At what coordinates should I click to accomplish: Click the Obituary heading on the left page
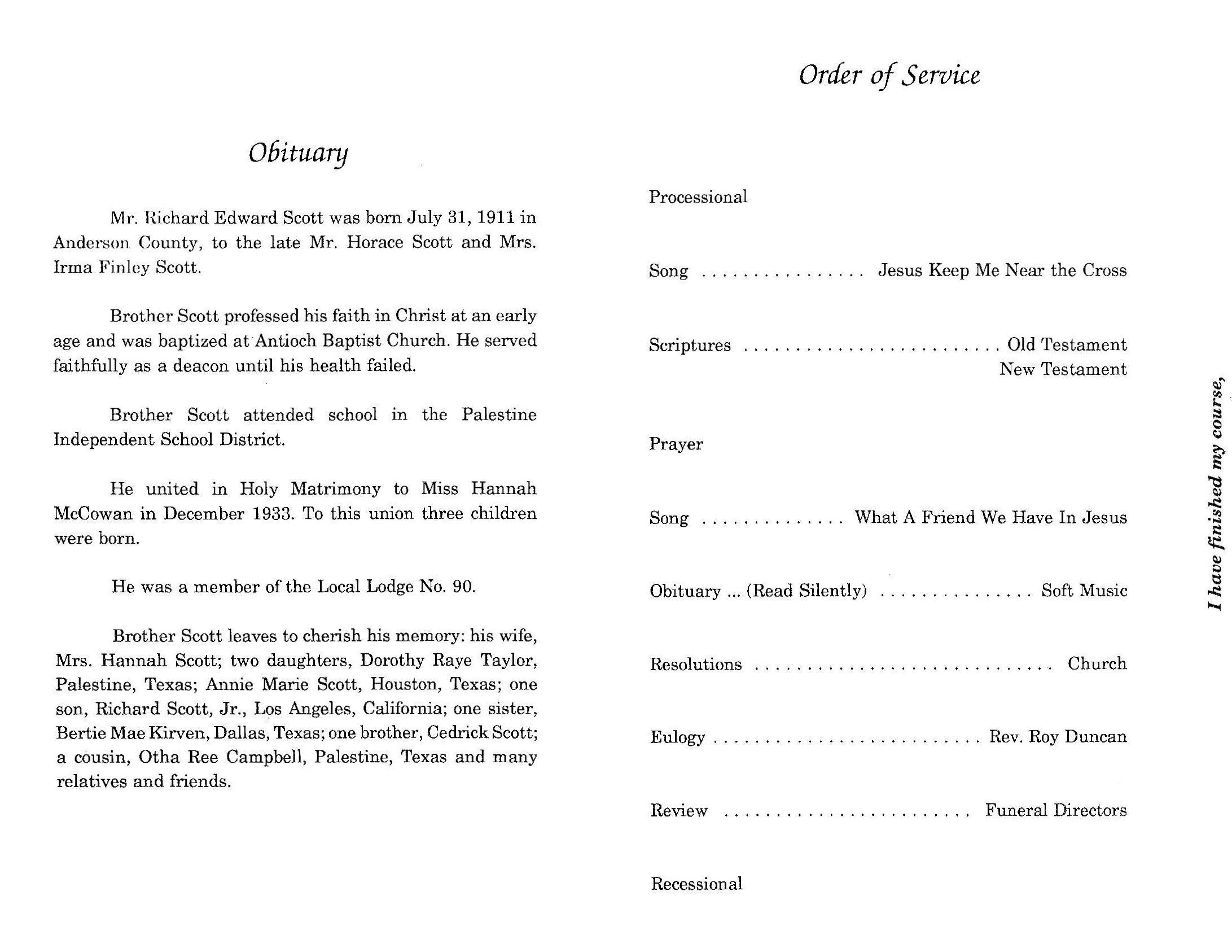pyautogui.click(x=298, y=153)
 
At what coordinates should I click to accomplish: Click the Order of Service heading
pyautogui.click(x=889, y=75)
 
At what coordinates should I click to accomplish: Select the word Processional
pyautogui.click(x=698, y=197)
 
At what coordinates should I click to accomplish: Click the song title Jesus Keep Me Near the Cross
pyautogui.click(x=1002, y=270)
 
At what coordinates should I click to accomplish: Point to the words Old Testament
pyautogui.click(x=1067, y=344)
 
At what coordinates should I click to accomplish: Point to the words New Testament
pyautogui.click(x=1063, y=369)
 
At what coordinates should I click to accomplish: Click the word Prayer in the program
pyautogui.click(x=676, y=444)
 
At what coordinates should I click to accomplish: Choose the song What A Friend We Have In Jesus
pyautogui.click(x=990, y=517)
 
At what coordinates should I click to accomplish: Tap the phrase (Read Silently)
pyautogui.click(x=806, y=591)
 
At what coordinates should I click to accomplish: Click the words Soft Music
pyautogui.click(x=1084, y=591)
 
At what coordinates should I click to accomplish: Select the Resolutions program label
pyautogui.click(x=695, y=665)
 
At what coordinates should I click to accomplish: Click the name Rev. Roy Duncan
pyautogui.click(x=1058, y=737)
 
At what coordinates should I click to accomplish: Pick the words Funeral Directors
pyautogui.click(x=1055, y=811)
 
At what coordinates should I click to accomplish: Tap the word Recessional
pyautogui.click(x=696, y=884)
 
